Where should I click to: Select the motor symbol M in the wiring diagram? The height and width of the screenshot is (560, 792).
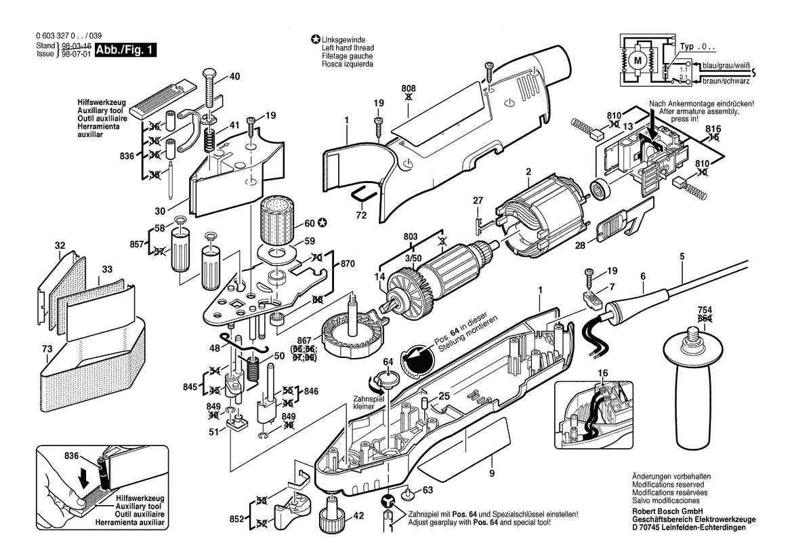pos(637,60)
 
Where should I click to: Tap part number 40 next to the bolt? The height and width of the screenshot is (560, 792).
pos(234,77)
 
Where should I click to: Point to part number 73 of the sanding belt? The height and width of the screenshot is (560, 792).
pos(46,349)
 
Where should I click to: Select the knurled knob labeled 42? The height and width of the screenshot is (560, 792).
pos(332,516)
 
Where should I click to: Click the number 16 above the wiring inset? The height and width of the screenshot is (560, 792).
pos(602,374)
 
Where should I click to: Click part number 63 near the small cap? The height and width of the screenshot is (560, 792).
pos(427,489)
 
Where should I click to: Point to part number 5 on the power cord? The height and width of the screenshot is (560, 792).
pos(682,256)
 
